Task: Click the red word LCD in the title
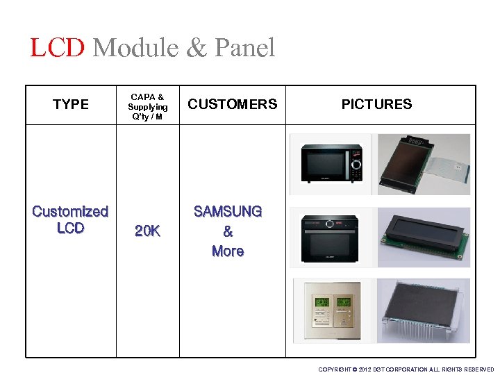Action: click(58, 48)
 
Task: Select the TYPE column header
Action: click(71, 104)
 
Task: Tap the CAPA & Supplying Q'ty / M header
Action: click(147, 107)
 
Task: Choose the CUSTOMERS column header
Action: click(232, 104)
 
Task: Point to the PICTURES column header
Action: click(376, 104)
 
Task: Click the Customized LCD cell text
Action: click(70, 219)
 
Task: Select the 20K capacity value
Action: click(147, 231)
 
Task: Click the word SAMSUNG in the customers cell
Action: click(228, 211)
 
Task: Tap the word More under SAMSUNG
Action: click(228, 251)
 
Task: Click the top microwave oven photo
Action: click(331, 162)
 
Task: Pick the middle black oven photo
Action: click(331, 237)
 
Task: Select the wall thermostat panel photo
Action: click(331, 310)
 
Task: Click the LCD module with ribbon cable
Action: click(423, 164)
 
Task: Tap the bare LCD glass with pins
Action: click(423, 310)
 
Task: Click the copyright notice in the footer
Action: click(406, 369)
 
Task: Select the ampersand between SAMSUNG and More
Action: click(228, 232)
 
